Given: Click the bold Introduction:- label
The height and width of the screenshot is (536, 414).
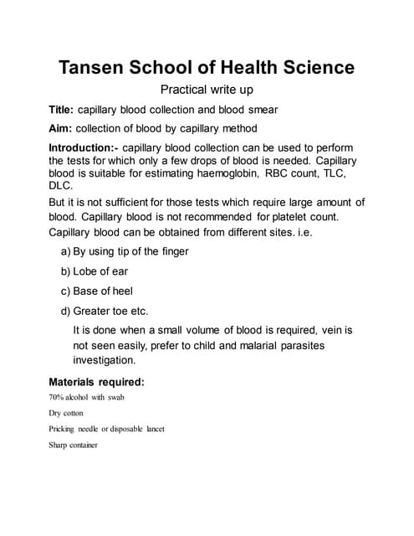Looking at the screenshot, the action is pyautogui.click(x=84, y=147).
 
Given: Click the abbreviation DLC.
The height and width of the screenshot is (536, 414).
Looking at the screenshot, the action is pyautogui.click(x=62, y=188).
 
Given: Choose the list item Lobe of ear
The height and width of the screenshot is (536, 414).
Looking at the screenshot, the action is pyautogui.click(x=100, y=271).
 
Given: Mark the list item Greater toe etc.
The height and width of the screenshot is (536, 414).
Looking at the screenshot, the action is pyautogui.click(x=109, y=311).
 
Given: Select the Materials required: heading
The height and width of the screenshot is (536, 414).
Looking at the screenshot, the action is pyautogui.click(x=97, y=382).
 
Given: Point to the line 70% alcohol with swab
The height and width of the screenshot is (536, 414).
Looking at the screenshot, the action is pyautogui.click(x=86, y=397).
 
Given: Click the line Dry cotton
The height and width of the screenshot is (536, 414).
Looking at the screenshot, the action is pyautogui.click(x=66, y=413).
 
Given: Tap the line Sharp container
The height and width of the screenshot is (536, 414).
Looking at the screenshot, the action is pyautogui.click(x=74, y=445).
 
